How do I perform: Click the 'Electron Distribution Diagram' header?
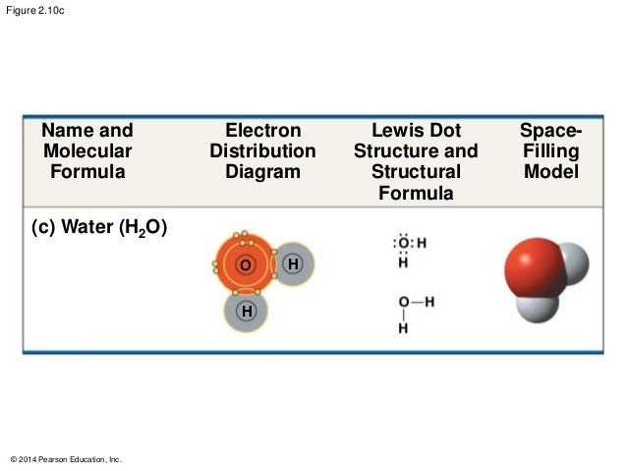pos(262,151)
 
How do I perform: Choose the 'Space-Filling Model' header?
pos(550,151)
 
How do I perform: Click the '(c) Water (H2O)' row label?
pos(99,228)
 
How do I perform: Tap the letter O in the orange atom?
pos(244,266)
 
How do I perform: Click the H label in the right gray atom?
pos(293,265)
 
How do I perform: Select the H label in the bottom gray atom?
pos(246,312)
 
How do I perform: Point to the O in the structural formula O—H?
pos(403,302)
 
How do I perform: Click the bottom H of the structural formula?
pos(403,328)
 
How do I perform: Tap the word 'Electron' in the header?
pos(262,131)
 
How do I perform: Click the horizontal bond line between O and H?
pos(416,302)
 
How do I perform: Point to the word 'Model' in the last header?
pos(550,172)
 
